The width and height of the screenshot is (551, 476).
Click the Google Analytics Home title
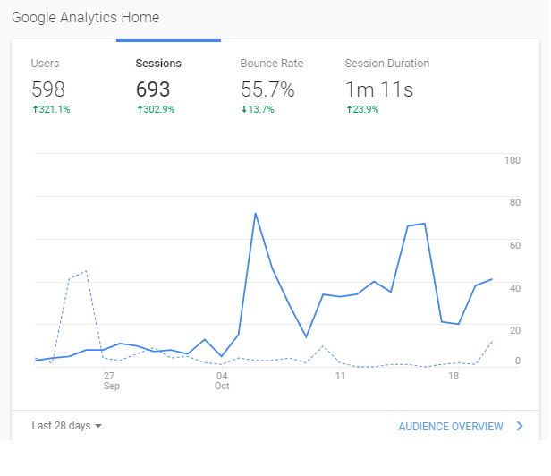click(85, 18)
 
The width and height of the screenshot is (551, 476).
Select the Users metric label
click(45, 64)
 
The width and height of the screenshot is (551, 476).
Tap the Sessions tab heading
click(158, 64)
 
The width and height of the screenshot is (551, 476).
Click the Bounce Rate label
click(272, 64)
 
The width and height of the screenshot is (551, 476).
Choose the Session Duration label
click(387, 64)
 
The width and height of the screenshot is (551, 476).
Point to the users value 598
click(48, 89)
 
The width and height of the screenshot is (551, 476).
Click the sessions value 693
click(153, 89)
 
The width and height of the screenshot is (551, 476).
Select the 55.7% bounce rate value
click(267, 89)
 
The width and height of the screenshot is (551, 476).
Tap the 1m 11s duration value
click(379, 89)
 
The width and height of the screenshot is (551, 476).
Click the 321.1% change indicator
click(51, 109)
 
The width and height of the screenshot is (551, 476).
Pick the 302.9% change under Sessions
click(156, 109)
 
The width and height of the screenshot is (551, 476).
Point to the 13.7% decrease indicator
click(258, 109)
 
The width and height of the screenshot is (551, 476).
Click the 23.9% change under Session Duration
click(362, 109)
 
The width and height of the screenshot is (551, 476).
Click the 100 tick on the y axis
click(513, 160)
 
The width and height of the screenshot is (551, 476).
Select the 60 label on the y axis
click(515, 245)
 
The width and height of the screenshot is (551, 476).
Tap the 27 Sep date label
click(112, 381)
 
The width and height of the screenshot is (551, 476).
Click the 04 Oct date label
click(222, 381)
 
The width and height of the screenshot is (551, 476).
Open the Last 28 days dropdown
click(67, 426)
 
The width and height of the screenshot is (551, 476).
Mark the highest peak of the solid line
click(256, 213)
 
